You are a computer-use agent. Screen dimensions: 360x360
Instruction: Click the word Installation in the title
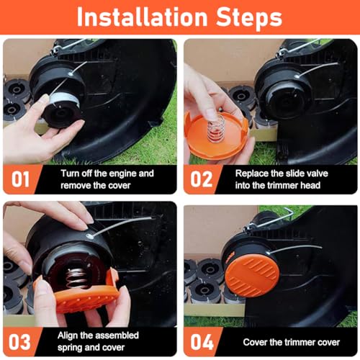[x=142, y=17]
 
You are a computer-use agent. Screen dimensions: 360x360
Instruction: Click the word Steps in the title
[x=249, y=18]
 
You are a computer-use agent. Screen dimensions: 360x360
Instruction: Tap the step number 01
[x=20, y=179]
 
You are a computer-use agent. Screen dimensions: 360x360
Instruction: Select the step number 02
[x=202, y=179]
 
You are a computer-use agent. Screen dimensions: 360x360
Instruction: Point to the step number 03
[x=19, y=342]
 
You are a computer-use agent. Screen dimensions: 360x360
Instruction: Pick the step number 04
[x=202, y=342]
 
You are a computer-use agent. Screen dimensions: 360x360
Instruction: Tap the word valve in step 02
[x=316, y=174]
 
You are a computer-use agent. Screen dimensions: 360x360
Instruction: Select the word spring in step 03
[x=70, y=348]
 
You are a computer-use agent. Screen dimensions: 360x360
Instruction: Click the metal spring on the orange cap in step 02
[x=216, y=127]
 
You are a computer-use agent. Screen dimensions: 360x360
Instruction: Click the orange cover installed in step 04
[x=252, y=276]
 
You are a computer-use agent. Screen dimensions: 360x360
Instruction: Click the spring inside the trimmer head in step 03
[x=76, y=279]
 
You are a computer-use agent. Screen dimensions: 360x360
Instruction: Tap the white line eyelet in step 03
[x=90, y=235]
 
